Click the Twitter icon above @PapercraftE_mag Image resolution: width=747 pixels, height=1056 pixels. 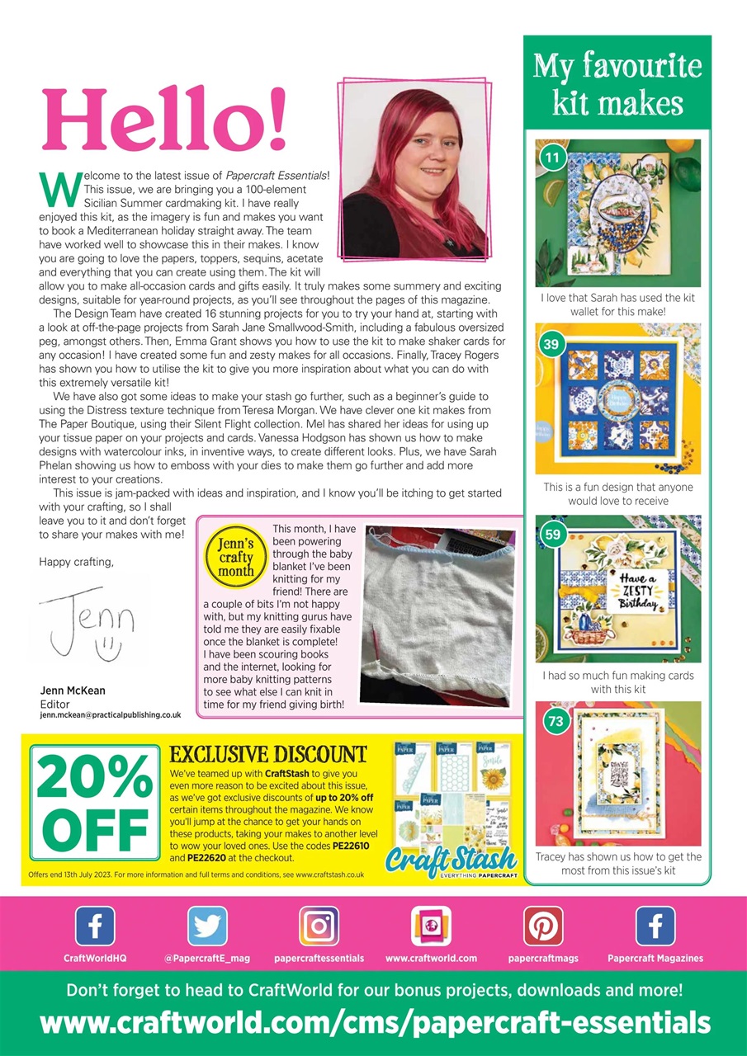pyautogui.click(x=207, y=926)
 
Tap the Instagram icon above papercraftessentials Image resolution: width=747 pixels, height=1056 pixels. pyautogui.click(x=319, y=926)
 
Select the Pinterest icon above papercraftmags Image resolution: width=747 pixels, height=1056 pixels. pyautogui.click(x=543, y=926)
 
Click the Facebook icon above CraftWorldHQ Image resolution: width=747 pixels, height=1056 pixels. pyautogui.click(x=95, y=926)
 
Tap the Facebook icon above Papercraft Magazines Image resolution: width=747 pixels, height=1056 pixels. pyautogui.click(x=655, y=926)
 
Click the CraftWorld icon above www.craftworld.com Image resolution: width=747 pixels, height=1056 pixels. pyautogui.click(x=431, y=926)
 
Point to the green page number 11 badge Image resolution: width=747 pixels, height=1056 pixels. pyautogui.click(x=552, y=155)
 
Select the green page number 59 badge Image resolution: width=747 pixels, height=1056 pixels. pyautogui.click(x=552, y=534)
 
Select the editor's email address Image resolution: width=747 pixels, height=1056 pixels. pyautogui.click(x=111, y=716)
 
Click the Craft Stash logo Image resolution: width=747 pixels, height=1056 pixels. pyautogui.click(x=452, y=859)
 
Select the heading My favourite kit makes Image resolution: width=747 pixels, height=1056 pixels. pyautogui.click(x=617, y=84)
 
